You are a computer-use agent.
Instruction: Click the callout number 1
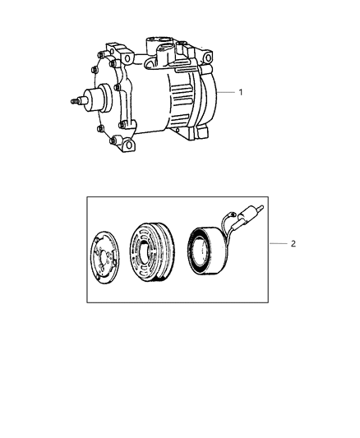tap(241, 93)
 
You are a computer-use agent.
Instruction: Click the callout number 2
tap(293, 245)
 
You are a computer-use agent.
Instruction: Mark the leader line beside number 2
tap(278, 245)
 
